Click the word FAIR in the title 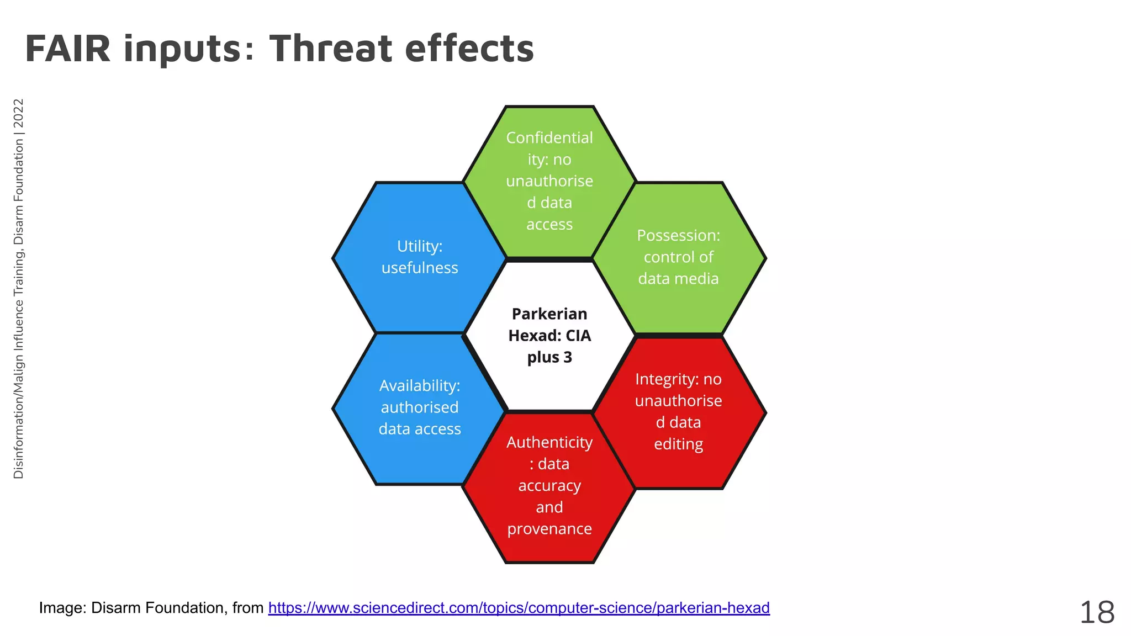67,49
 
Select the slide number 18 1097,613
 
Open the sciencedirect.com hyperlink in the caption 519,608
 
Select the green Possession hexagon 678,257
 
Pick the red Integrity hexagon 678,412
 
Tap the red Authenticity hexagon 549,486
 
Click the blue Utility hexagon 420,257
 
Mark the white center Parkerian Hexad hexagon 549,336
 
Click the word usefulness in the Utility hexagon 420,268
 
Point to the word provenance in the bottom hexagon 549,529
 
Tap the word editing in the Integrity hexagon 678,444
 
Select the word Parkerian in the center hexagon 549,314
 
